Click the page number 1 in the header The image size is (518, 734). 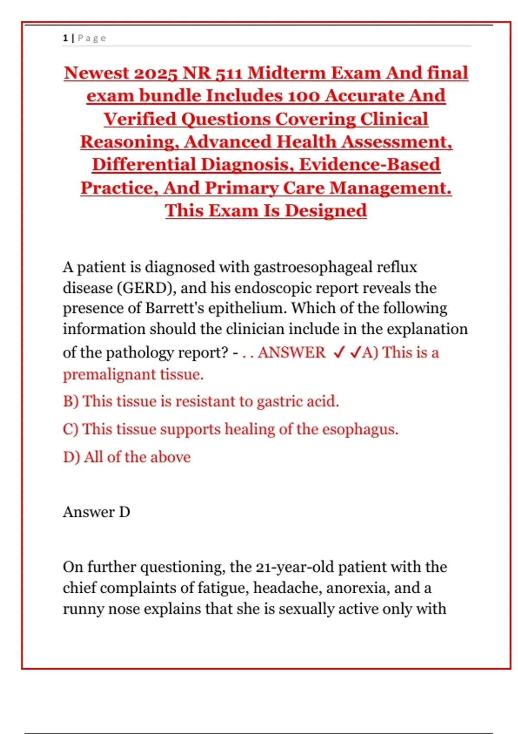pos(65,38)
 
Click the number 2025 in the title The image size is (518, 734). pos(155,73)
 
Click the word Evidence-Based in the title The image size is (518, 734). pos(370,165)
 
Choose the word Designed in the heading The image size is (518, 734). pos(325,211)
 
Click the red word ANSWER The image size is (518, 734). pos(292,353)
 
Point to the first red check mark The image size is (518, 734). pos(339,353)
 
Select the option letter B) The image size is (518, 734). pos(70,402)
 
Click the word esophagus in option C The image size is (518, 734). pos(360,429)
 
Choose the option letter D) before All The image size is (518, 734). pos(71,457)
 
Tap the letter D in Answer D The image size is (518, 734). pos(124,512)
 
